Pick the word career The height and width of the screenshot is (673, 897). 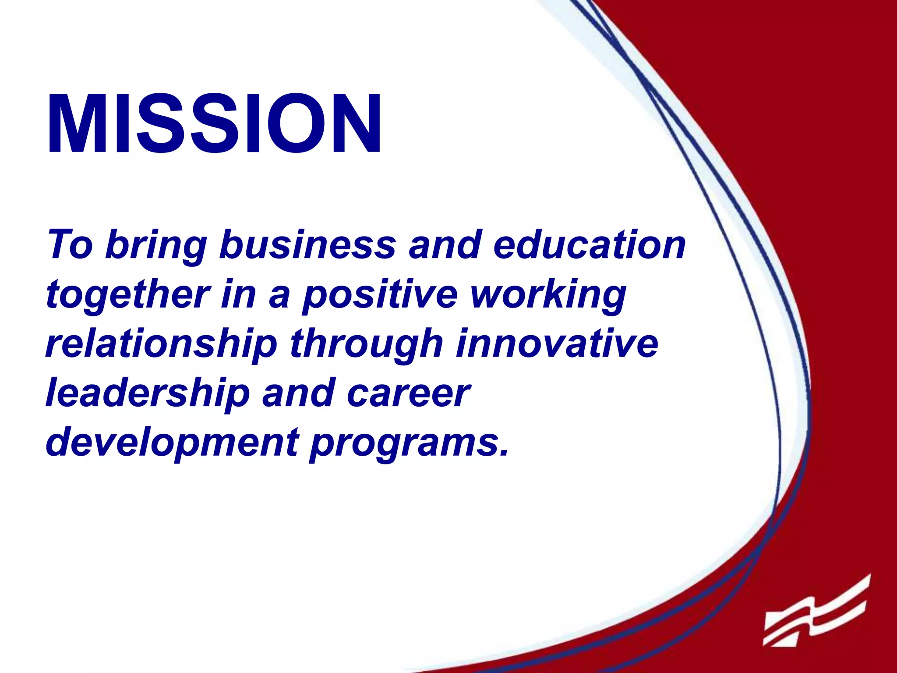click(x=408, y=393)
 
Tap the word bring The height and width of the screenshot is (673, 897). click(x=156, y=245)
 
